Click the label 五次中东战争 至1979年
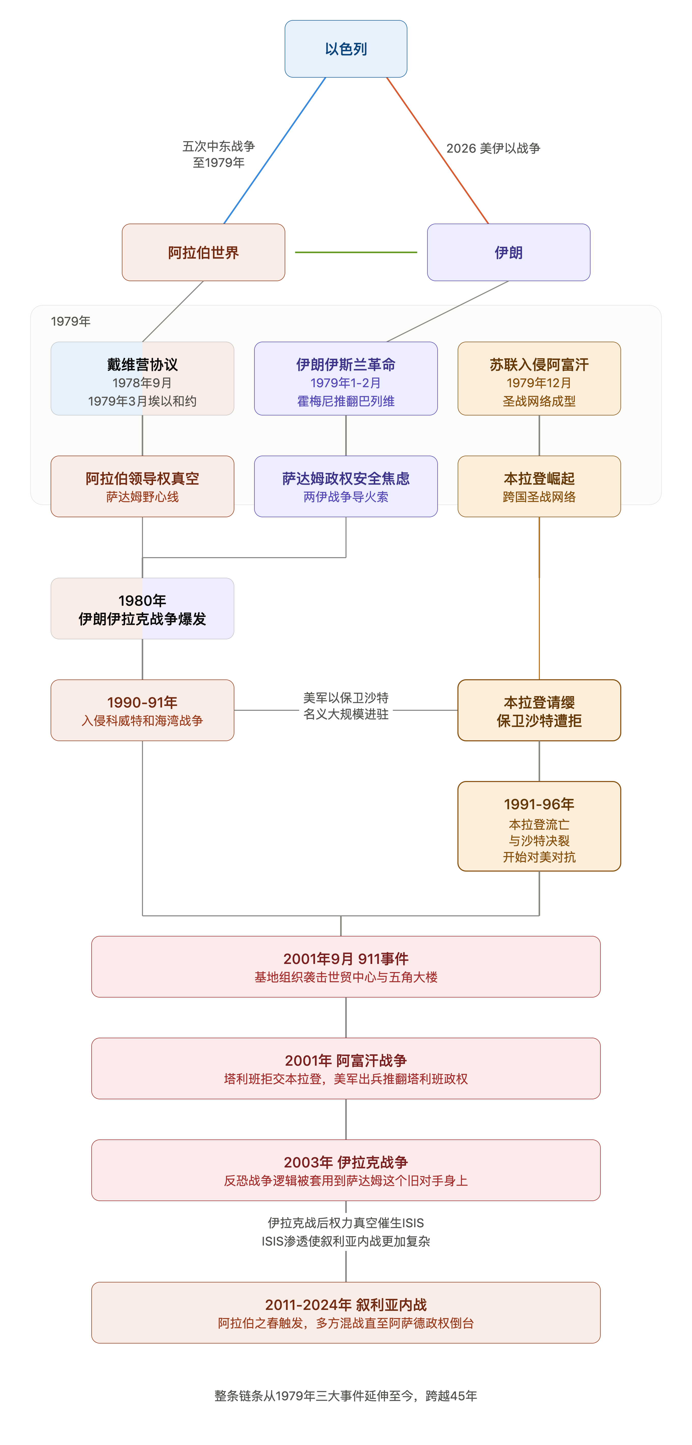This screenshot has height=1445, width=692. [219, 154]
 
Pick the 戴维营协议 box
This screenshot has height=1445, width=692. [142, 379]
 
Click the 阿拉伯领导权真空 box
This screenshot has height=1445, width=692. [142, 486]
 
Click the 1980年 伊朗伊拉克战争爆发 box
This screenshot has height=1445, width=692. [142, 609]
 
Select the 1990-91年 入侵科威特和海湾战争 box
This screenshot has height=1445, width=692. [142, 710]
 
